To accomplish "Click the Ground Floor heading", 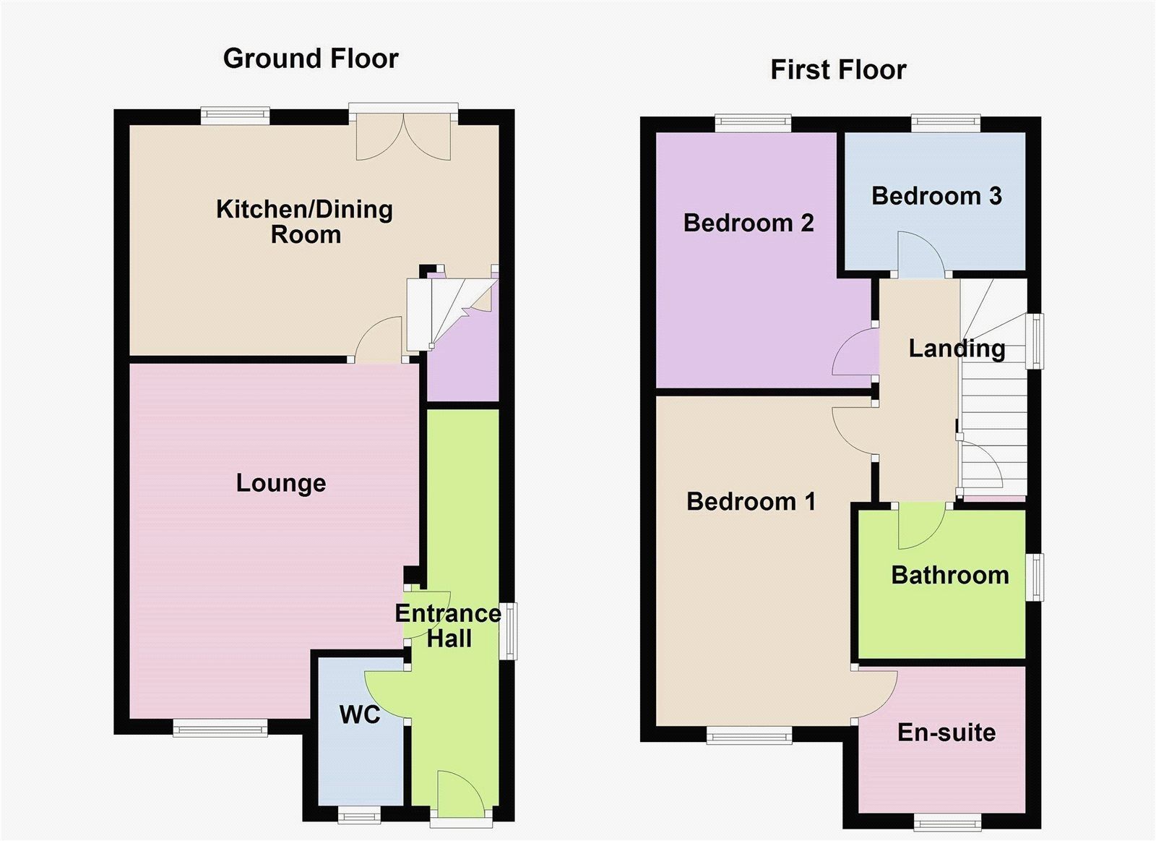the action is (311, 59).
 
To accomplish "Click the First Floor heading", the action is (838, 69).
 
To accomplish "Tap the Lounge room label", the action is (281, 484).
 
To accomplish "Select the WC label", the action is (360, 715).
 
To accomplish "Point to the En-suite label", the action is (946, 733).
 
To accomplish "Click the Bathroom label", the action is (950, 576).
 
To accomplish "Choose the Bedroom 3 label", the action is (936, 196).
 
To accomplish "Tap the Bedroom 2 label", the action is (749, 223).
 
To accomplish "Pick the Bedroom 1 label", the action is (751, 502).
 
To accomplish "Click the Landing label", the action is (957, 349).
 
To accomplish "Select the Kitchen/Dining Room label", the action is (304, 222).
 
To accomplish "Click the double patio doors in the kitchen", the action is (404, 132).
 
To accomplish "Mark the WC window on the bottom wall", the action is (360, 815).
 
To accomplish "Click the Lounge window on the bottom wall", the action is (220, 728).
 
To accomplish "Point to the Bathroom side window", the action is (1034, 577).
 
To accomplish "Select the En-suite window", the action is (947, 822).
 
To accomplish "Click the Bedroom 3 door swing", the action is (922, 254).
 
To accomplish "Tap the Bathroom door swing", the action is (922, 526).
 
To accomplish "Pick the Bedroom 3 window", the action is (946, 122).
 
